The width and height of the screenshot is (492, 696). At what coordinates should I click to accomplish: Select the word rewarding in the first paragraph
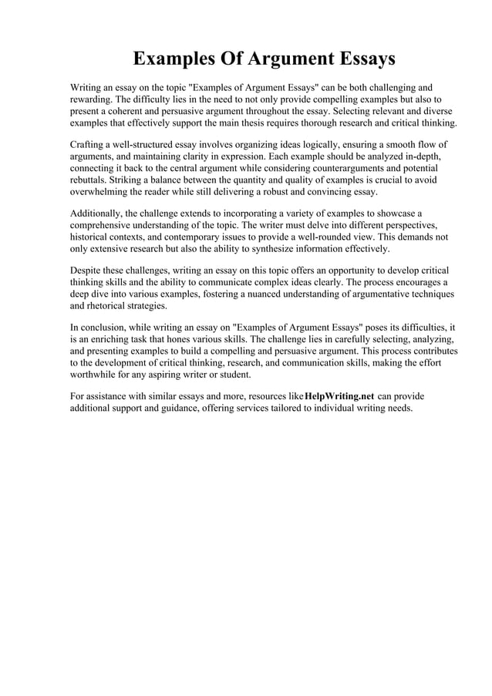[93, 100]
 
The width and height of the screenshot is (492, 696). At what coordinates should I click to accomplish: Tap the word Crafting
[89, 145]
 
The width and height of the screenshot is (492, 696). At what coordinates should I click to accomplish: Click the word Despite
[86, 270]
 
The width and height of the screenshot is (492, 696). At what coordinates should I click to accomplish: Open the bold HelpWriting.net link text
[339, 396]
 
